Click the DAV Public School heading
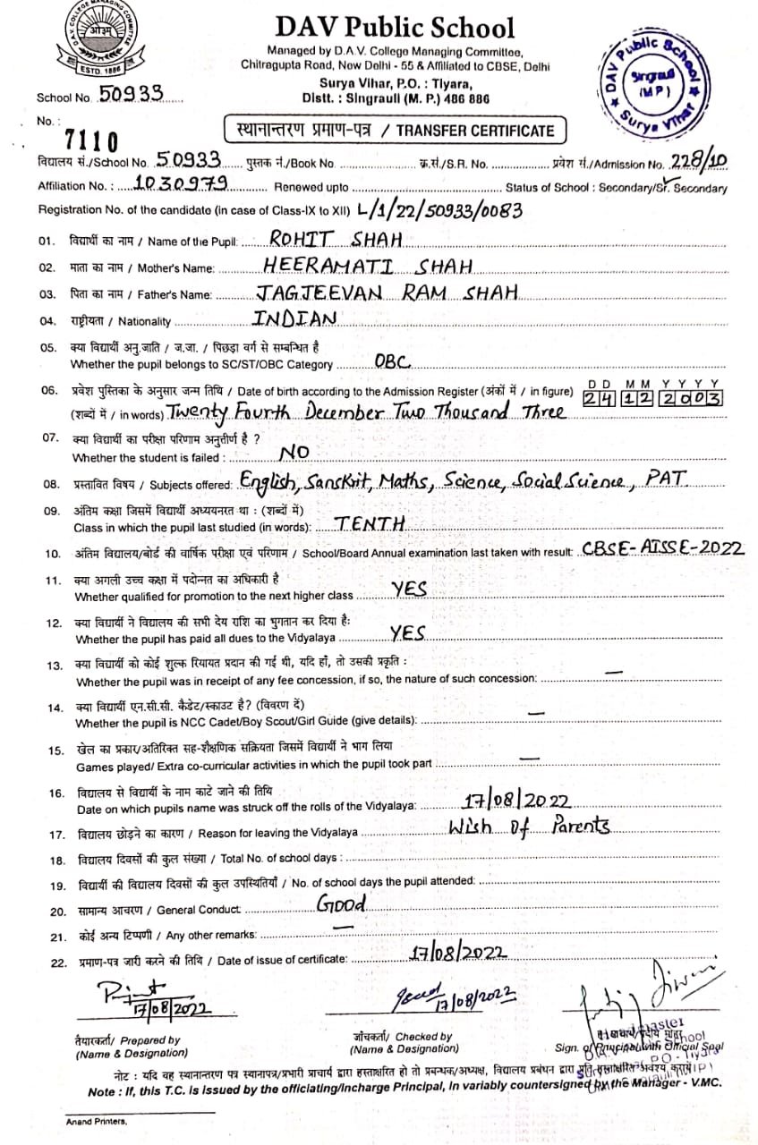395,28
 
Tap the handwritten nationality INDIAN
295,318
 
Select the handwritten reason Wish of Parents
528,827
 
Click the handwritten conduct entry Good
341,904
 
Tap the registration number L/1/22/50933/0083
439,210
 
